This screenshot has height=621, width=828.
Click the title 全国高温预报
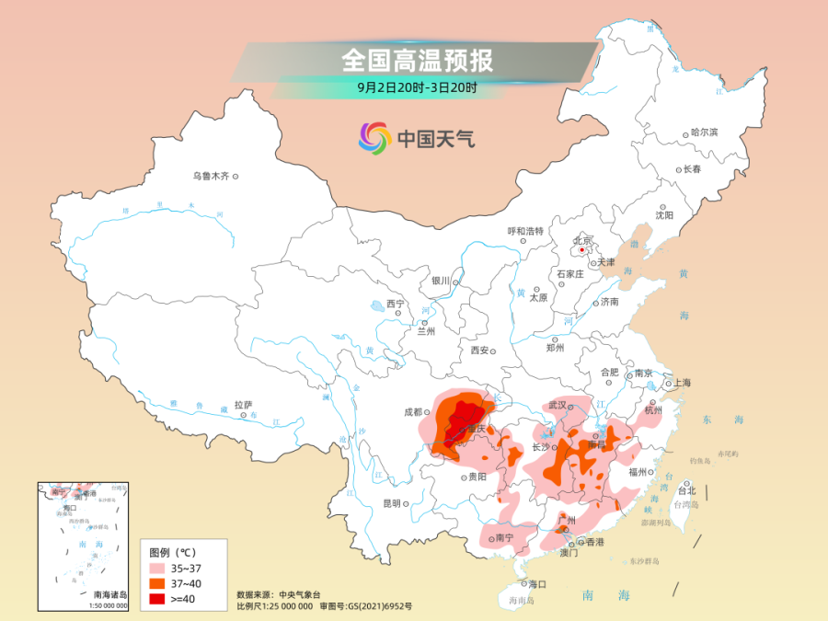[x=417, y=60]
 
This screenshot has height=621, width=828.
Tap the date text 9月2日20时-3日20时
[x=417, y=88]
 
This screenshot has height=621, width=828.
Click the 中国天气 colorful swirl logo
[x=374, y=139]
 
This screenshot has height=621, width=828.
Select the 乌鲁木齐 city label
[x=211, y=175]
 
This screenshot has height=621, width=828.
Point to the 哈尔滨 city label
[x=705, y=132]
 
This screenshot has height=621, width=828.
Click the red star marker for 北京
[x=581, y=248]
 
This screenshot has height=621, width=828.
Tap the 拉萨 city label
[x=243, y=404]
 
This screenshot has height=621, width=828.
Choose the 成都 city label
[x=410, y=412]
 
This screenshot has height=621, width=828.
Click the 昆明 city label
[x=391, y=503]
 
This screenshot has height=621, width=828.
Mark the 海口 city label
[x=536, y=583]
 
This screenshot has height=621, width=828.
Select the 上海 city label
[x=682, y=382]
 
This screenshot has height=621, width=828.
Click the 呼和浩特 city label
[x=526, y=231]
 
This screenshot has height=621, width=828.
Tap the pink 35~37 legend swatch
[x=161, y=569]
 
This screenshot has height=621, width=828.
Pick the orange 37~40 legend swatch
[x=161, y=583]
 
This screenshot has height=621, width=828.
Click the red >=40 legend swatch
[x=161, y=598]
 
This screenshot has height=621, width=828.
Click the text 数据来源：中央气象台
[x=278, y=594]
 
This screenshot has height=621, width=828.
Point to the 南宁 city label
[x=503, y=538]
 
